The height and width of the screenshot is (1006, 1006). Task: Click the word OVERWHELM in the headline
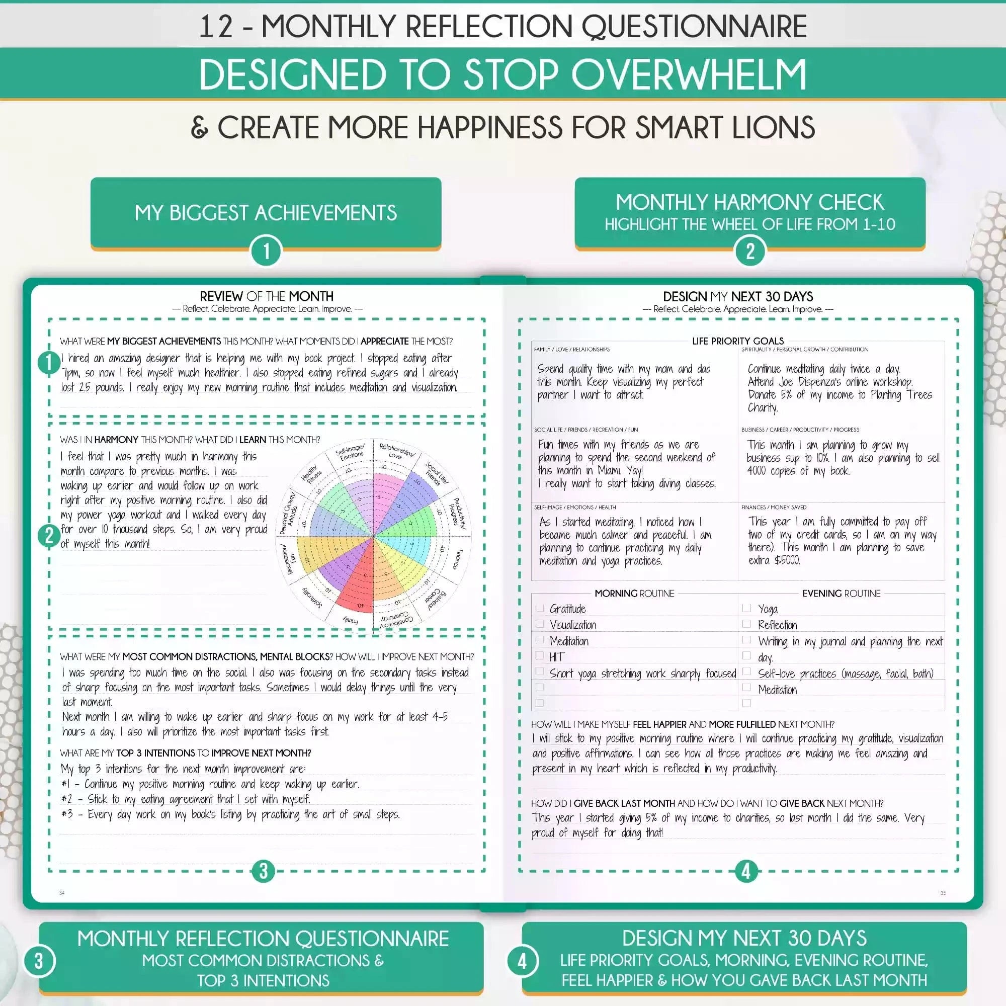(x=689, y=74)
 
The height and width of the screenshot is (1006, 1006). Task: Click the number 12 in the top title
(x=216, y=27)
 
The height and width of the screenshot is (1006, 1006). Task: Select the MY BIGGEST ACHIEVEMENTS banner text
(x=266, y=213)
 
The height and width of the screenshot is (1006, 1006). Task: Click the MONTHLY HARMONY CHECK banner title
(x=750, y=202)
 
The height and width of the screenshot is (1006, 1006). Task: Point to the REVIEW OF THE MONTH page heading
(x=267, y=296)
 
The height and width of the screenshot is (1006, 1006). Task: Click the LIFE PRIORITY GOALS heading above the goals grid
(x=738, y=341)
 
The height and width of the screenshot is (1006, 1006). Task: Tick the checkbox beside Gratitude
(x=539, y=608)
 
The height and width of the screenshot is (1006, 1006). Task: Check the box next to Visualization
(x=539, y=624)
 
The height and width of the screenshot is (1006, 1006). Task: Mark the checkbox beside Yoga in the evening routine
(x=746, y=608)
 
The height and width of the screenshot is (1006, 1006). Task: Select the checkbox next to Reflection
(x=746, y=624)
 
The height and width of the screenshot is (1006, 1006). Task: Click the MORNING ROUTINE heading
(x=634, y=593)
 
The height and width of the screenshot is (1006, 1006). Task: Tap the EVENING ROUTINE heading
(x=841, y=593)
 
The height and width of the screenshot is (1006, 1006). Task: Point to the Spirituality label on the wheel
(x=311, y=598)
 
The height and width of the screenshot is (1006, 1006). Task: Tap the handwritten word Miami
(x=606, y=470)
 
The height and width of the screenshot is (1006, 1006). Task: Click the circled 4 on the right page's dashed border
(x=746, y=872)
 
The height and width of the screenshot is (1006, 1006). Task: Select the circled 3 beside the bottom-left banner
(x=39, y=961)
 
